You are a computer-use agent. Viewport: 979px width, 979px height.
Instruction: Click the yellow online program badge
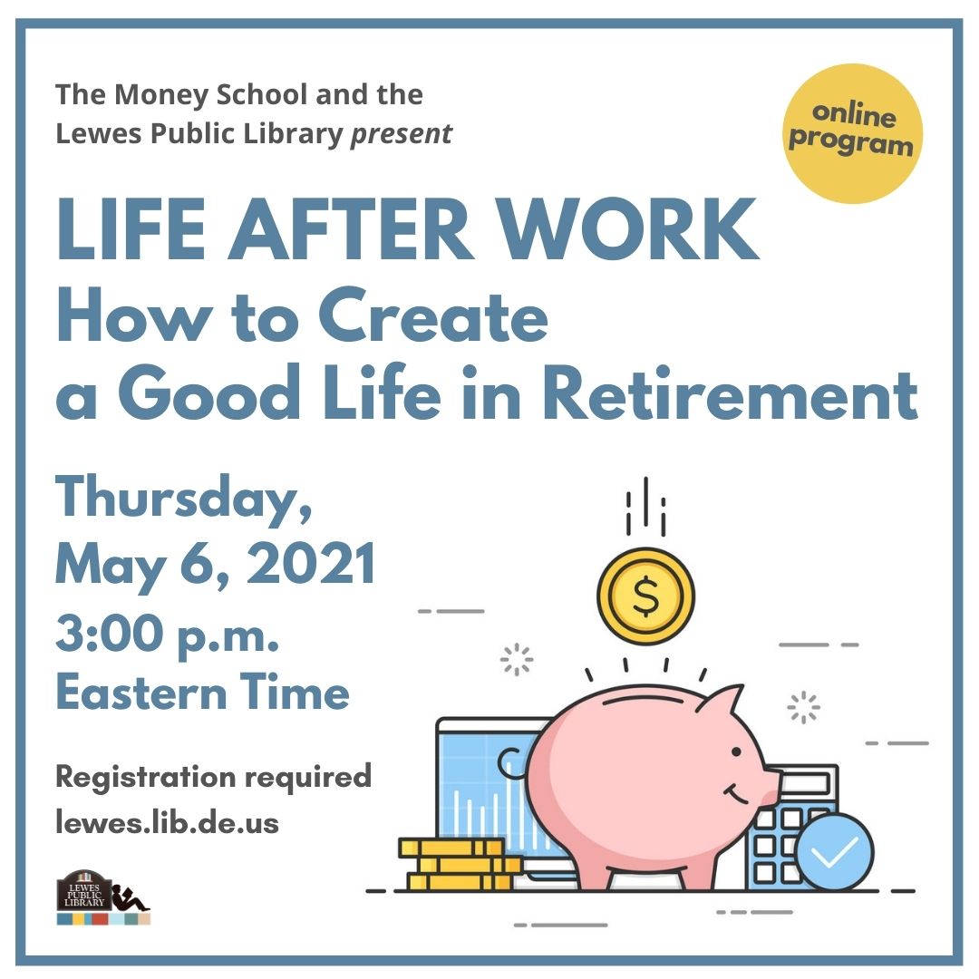click(x=853, y=133)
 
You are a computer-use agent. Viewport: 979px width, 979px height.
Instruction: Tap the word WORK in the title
click(x=630, y=229)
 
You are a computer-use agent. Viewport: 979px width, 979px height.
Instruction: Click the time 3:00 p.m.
click(x=168, y=635)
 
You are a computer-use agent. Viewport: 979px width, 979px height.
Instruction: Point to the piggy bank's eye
click(x=736, y=751)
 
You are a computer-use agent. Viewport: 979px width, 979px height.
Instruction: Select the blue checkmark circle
click(x=834, y=851)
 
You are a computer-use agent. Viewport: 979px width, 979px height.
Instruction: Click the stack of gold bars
click(x=460, y=865)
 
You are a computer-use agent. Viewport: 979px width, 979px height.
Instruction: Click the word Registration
click(x=146, y=778)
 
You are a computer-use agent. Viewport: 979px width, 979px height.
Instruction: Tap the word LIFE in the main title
click(x=131, y=229)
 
